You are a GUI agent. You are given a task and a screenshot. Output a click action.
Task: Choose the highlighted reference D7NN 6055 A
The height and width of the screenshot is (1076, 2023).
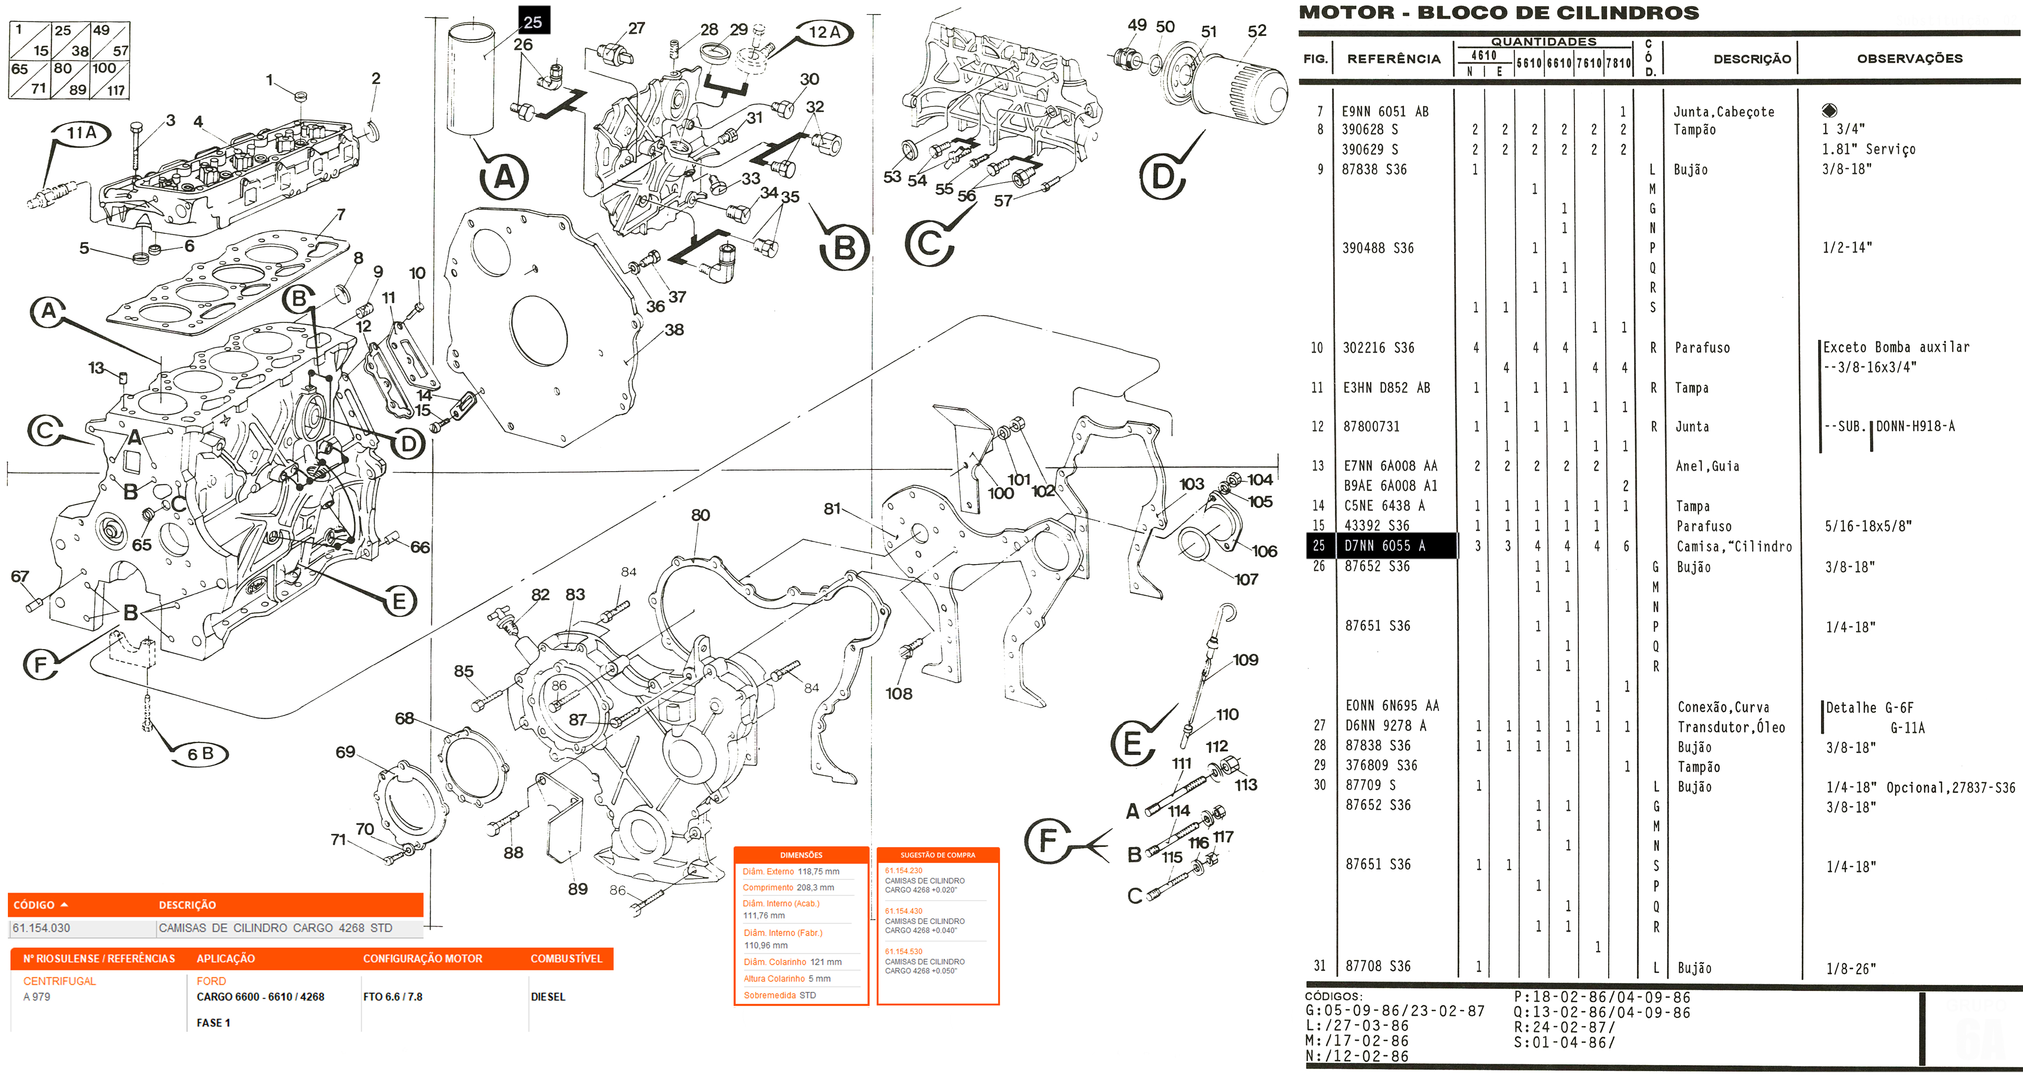point(1384,546)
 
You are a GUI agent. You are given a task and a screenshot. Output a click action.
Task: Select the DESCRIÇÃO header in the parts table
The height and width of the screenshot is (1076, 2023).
point(1751,59)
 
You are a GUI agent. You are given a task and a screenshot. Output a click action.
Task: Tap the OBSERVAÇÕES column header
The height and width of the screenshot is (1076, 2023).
point(1909,59)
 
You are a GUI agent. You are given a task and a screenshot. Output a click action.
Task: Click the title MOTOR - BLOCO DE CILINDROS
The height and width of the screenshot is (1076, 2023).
point(1498,13)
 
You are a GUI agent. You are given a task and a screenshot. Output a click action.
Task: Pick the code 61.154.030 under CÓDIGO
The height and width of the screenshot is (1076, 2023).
point(42,928)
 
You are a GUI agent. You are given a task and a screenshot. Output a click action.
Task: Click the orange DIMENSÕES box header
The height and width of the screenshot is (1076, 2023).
point(801,854)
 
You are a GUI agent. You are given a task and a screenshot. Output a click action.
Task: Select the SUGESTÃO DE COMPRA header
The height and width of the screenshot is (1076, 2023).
point(938,854)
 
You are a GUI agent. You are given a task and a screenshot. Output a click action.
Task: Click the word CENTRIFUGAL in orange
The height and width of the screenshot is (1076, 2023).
point(60,981)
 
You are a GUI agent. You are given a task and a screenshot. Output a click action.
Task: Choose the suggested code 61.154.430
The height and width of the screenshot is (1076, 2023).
point(904,911)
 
